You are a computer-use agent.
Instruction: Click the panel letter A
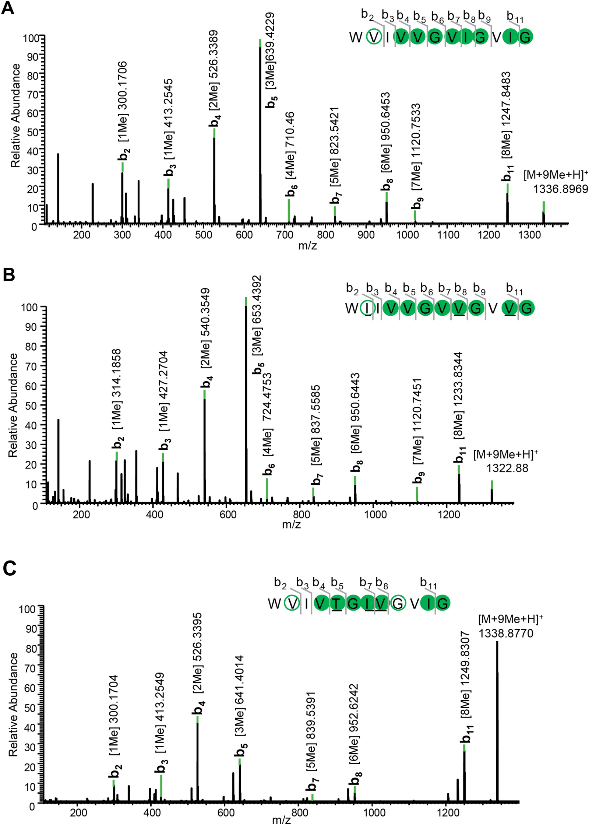point(8,8)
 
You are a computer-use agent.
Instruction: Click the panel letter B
point(8,274)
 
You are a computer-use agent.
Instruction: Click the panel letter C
point(10,568)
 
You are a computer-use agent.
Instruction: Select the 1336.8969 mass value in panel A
point(560,189)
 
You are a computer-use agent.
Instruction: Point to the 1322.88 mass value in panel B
point(507,468)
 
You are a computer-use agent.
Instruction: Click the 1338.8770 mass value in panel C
point(505,633)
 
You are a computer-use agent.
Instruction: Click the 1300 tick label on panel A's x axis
point(529,235)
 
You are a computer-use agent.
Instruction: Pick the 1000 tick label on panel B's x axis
point(375,514)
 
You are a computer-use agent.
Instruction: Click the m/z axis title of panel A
point(307,245)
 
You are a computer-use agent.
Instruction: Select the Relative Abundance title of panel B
point(13,405)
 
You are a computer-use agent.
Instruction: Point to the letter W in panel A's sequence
point(356,37)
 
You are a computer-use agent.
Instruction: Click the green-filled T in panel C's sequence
point(337,603)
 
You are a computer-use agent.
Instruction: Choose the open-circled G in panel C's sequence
point(398,603)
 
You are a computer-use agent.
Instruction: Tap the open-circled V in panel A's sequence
point(374,37)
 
